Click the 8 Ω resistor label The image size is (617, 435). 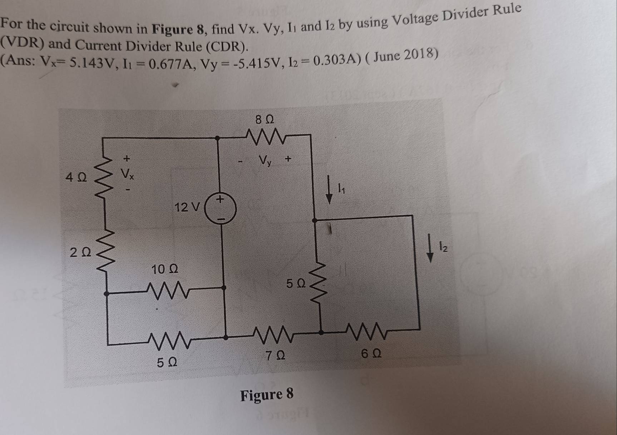point(265,119)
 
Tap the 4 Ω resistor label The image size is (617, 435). point(76,177)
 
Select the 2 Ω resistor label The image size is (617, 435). point(80,253)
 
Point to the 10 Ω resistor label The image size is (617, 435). point(164,269)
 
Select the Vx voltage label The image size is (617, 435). point(127,174)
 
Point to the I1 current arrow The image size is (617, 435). point(329,193)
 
